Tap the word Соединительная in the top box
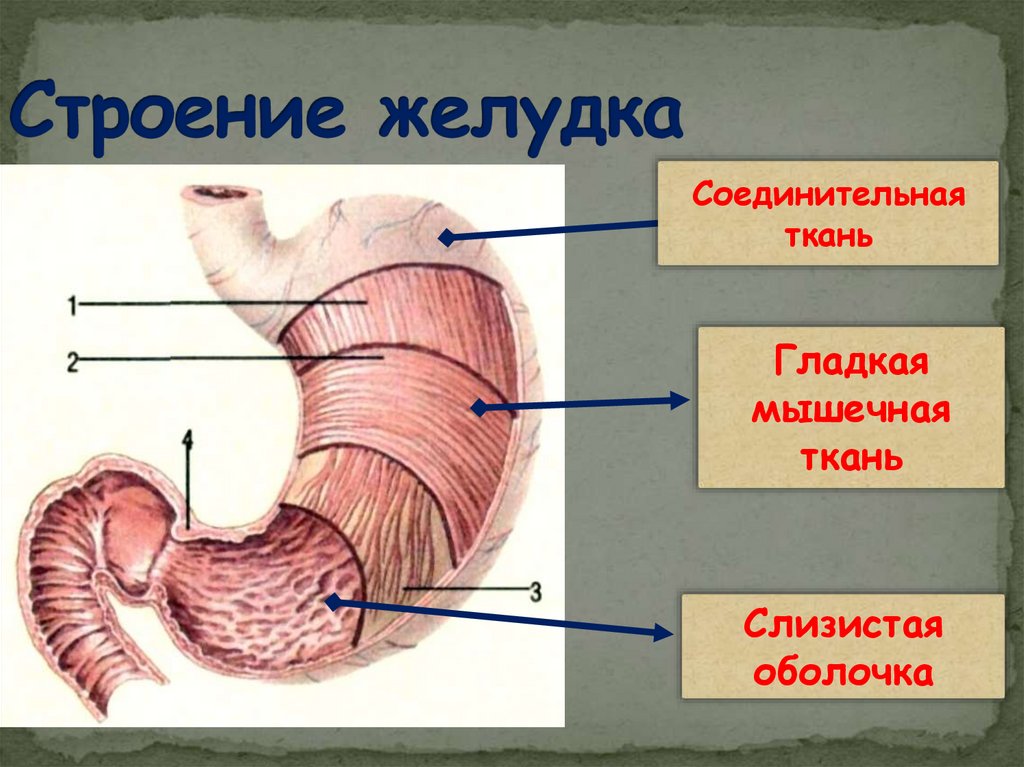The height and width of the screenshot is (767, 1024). (828, 193)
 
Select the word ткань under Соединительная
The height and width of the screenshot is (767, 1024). (828, 237)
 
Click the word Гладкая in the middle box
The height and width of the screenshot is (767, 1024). (850, 363)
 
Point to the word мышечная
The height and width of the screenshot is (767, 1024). (850, 411)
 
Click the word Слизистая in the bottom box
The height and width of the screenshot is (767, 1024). (843, 627)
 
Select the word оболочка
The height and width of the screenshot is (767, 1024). (843, 671)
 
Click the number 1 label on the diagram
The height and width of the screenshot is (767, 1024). (73, 304)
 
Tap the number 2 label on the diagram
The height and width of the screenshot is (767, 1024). (73, 360)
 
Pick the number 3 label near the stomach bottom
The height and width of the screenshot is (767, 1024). (535, 591)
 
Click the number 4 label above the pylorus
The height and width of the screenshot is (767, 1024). (187, 439)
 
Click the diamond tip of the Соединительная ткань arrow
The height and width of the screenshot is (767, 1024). (447, 238)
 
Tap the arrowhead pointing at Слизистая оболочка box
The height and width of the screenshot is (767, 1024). (663, 632)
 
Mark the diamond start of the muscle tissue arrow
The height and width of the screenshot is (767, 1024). (478, 407)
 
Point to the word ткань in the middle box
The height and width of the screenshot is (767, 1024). (850, 459)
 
